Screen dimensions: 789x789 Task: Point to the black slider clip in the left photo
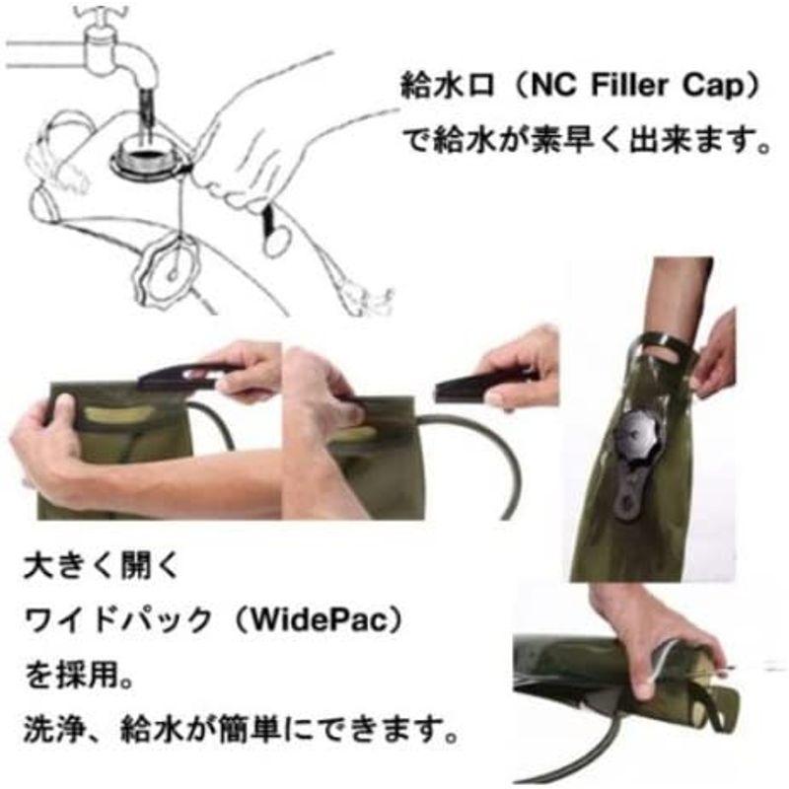[x=187, y=375]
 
